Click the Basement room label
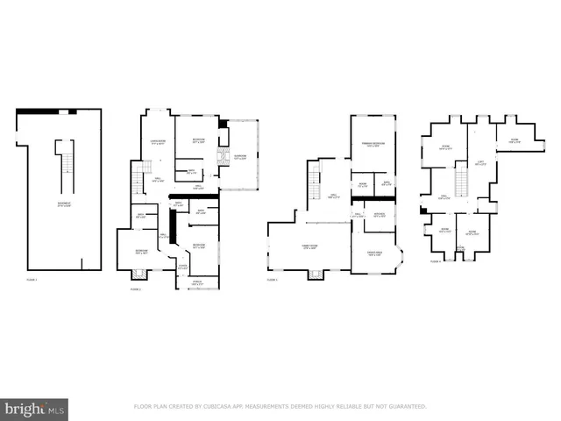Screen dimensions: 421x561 (x=64, y=204)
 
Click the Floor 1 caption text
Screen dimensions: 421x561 (x=32, y=280)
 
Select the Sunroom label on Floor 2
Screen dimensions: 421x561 (x=239, y=157)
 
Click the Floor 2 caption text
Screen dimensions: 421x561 (x=136, y=288)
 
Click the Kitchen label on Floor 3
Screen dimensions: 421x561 (x=380, y=215)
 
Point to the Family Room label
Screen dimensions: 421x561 (x=309, y=246)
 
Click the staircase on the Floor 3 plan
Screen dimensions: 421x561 (x=314, y=185)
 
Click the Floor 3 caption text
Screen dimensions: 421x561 (x=272, y=280)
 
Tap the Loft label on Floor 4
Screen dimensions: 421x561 (x=479, y=162)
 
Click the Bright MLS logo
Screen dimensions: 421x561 (x=34, y=409)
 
